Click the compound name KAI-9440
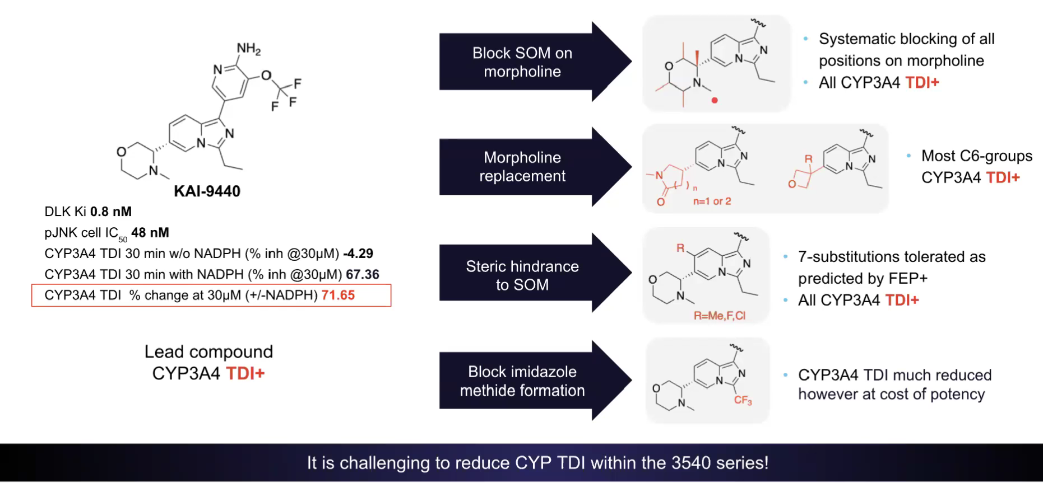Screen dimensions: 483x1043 [x=207, y=191]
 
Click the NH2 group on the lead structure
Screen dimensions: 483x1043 [x=248, y=49]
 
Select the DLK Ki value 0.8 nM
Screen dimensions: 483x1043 [x=111, y=212]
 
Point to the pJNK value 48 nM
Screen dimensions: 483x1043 [x=150, y=232]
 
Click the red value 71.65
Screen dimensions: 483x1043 [x=338, y=295]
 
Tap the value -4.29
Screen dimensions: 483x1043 [x=358, y=254]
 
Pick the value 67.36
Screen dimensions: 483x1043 [x=362, y=274]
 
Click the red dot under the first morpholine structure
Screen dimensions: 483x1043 [x=715, y=101]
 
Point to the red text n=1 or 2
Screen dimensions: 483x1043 [x=712, y=201]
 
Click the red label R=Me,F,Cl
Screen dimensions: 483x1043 [x=720, y=316]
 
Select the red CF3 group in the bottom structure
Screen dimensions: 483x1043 [x=743, y=400]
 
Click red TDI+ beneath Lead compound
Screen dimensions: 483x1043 [x=245, y=373]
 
